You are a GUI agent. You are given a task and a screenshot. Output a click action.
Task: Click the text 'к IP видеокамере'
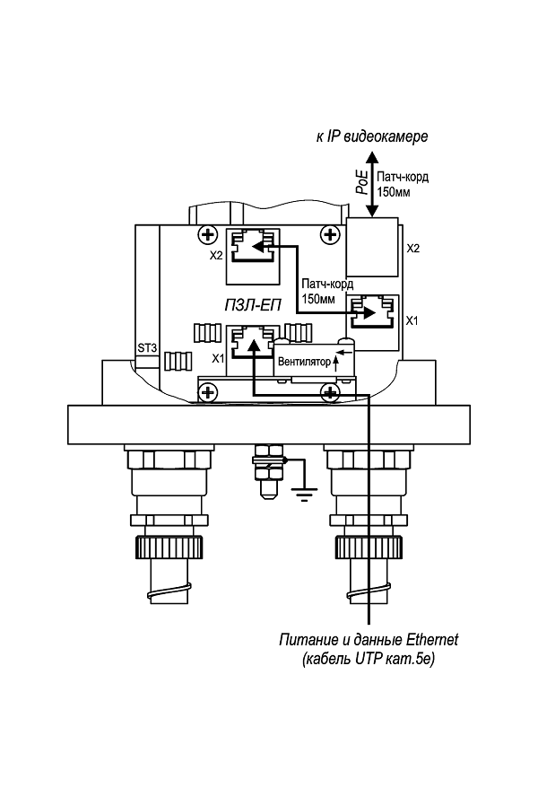point(372,137)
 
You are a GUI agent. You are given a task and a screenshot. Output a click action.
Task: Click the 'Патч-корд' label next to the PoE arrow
point(403,177)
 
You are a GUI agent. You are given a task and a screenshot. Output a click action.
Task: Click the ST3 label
point(147,347)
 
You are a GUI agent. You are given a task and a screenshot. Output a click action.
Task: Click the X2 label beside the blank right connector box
point(413,249)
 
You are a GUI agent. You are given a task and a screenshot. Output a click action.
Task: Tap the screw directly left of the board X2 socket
point(208,235)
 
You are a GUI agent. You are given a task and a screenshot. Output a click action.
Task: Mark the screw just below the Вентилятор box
point(331,393)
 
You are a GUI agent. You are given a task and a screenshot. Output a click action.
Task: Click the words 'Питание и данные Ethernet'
point(369,640)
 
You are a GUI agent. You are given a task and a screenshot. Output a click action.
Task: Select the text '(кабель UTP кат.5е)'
point(369,660)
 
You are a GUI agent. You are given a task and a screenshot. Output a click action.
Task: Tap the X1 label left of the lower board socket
point(217,358)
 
